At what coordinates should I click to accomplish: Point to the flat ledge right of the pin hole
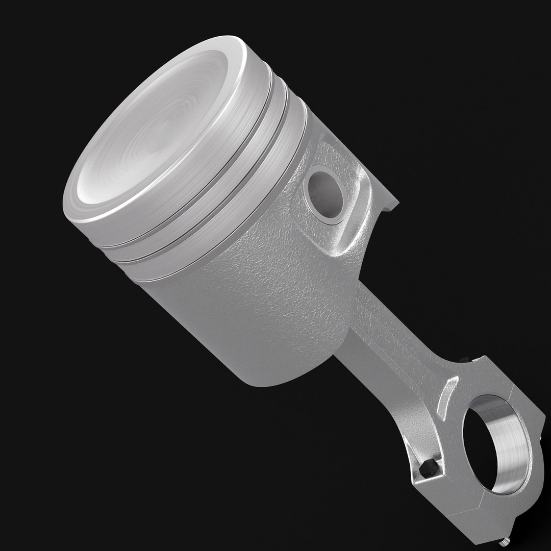(x=390, y=204)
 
